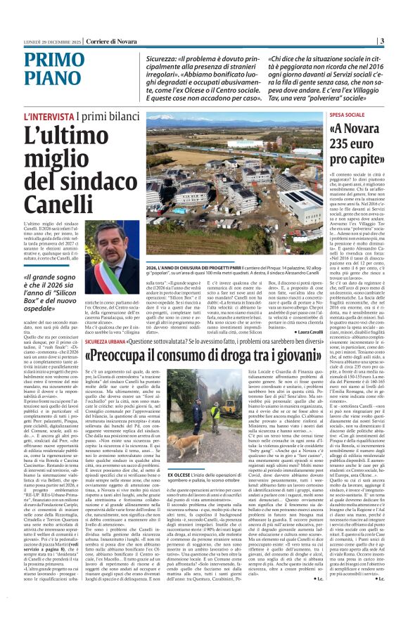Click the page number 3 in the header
[x=400, y=41]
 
